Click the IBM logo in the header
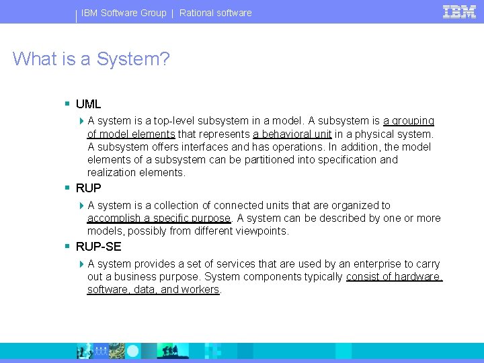click(x=459, y=11)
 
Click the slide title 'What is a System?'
click(x=91, y=58)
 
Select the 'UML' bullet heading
click(x=88, y=104)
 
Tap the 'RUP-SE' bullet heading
click(x=98, y=247)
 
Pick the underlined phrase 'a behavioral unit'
click(x=292, y=134)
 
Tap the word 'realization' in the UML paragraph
click(x=112, y=172)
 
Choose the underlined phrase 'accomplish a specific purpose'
click(x=159, y=218)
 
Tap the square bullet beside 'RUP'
click(x=67, y=188)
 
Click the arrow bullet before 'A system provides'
click(x=81, y=264)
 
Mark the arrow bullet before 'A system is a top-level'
click(x=81, y=121)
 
